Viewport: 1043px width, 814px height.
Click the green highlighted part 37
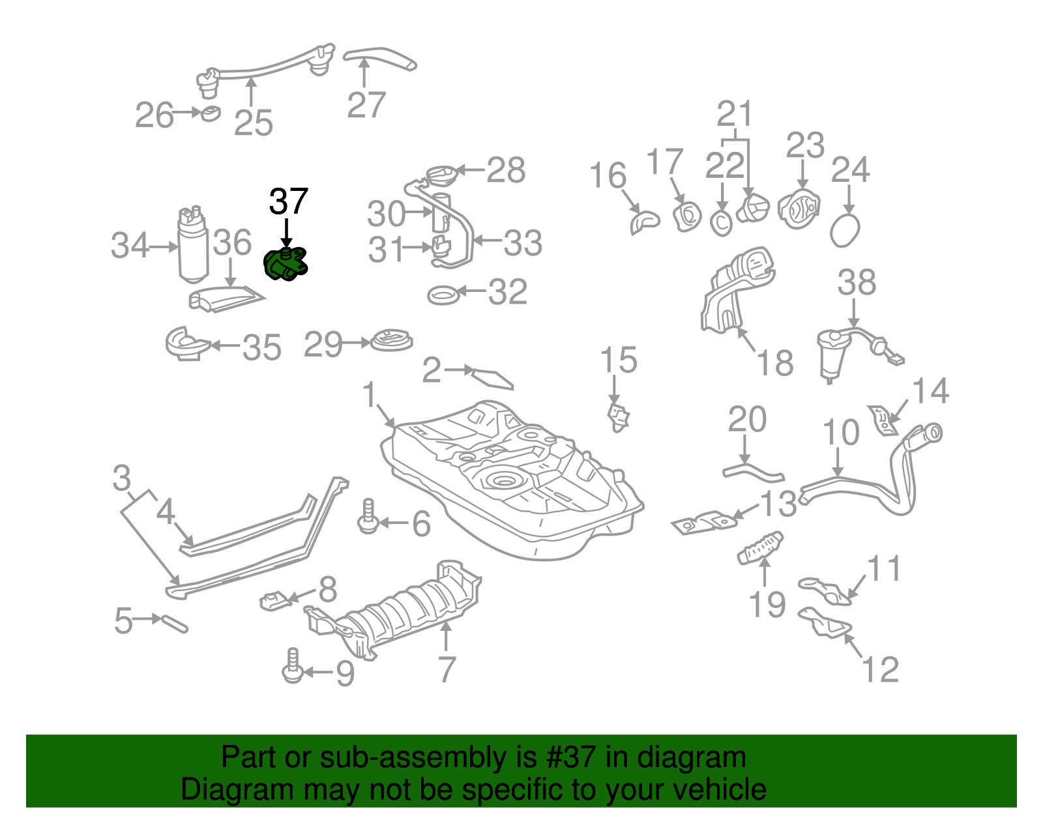[285, 263]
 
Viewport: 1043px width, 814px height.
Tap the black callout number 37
[288, 202]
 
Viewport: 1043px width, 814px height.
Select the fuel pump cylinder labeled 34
[192, 248]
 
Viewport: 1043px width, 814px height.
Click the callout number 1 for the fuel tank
[370, 395]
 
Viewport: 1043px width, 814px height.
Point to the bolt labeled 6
[368, 517]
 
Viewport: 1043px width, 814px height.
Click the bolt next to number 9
[293, 666]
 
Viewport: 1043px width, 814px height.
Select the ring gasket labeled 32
[443, 295]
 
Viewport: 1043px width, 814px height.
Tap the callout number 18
[774, 363]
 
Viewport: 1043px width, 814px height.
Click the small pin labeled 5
[174, 622]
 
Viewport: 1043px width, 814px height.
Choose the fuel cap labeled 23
[799, 209]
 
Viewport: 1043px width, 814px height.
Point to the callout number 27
[366, 105]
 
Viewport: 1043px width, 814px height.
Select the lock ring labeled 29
[391, 341]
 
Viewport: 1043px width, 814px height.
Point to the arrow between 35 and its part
[224, 345]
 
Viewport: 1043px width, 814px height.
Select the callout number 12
[880, 669]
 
